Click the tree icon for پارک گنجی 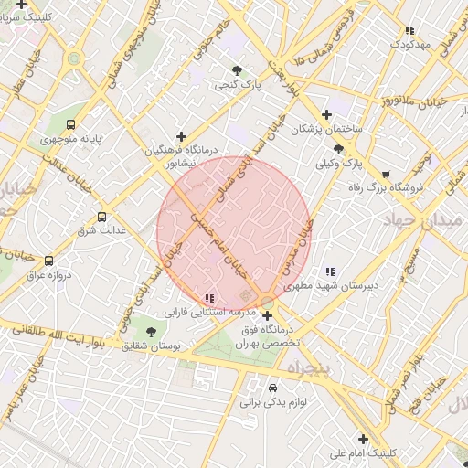(x=238, y=70)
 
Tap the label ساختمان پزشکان (x=326, y=130)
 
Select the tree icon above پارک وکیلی (x=339, y=149)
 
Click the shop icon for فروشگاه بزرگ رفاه (x=386, y=174)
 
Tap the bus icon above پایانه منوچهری (x=72, y=126)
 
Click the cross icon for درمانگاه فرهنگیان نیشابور (x=182, y=136)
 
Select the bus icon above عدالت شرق (x=101, y=218)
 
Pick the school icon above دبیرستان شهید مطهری (x=330, y=271)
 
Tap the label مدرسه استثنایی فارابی (x=194, y=312)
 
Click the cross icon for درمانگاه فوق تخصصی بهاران (x=267, y=316)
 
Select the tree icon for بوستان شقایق (x=152, y=332)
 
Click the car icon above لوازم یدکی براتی (x=272, y=387)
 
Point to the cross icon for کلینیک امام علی (x=363, y=439)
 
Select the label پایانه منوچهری (x=70, y=142)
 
